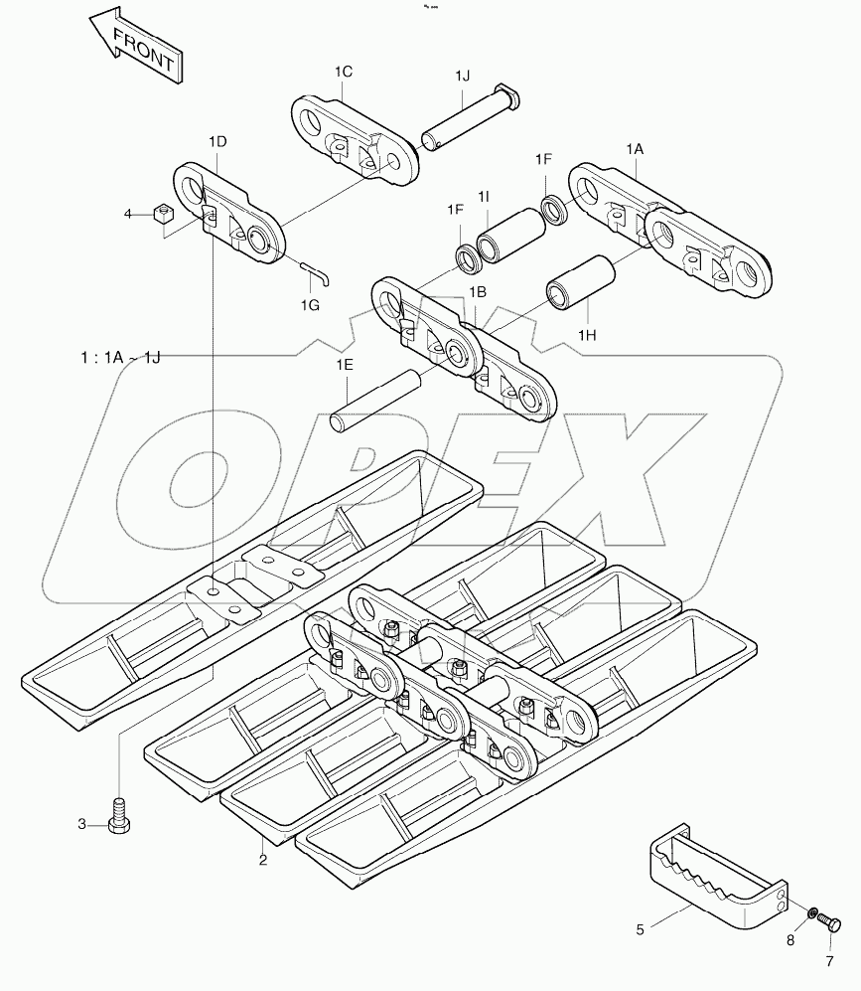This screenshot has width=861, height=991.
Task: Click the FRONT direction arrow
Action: [x=133, y=46]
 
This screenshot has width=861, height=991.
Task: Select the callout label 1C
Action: [x=344, y=72]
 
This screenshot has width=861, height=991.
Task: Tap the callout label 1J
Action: [x=465, y=77]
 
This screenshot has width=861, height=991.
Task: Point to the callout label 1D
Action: [x=217, y=142]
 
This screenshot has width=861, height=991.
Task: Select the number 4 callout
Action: [x=127, y=214]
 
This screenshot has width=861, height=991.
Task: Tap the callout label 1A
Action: [x=635, y=148]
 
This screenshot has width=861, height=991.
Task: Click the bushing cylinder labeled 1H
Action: [x=582, y=281]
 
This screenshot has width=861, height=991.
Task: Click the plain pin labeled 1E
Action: [x=376, y=399]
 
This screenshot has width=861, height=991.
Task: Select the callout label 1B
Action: [x=477, y=291]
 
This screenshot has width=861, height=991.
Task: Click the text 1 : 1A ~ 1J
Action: [x=121, y=356]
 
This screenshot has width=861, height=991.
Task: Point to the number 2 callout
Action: [x=263, y=860]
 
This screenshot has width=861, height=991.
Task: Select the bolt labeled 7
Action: [x=832, y=925]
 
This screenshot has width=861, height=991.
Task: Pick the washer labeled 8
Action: [x=812, y=911]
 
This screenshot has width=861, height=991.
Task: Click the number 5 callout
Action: [x=641, y=930]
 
